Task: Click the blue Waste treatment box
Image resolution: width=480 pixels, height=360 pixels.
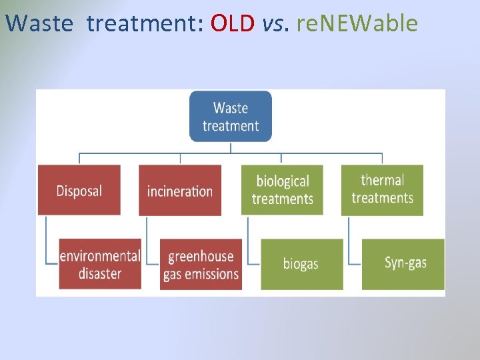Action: tap(231, 117)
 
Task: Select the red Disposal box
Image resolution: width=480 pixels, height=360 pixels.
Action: tap(79, 191)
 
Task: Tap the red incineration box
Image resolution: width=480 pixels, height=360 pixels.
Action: tap(180, 191)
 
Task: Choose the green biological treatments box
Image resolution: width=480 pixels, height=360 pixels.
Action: tap(282, 190)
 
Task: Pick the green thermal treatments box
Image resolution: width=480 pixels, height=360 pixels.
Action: tap(382, 189)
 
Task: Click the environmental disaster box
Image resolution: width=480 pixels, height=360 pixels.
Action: tap(100, 264)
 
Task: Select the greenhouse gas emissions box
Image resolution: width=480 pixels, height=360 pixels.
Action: tap(201, 264)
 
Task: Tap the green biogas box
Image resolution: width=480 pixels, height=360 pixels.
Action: tap(301, 264)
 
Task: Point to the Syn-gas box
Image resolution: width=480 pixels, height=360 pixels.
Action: tap(403, 263)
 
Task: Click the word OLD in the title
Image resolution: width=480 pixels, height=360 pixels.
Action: tap(233, 23)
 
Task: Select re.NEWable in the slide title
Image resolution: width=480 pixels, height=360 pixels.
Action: tap(357, 23)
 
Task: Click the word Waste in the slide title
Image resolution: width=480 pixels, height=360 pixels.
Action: tap(39, 23)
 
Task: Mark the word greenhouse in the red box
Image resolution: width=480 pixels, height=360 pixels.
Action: tap(201, 257)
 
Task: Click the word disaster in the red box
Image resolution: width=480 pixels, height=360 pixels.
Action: tap(100, 273)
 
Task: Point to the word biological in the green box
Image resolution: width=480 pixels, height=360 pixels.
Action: tap(283, 181)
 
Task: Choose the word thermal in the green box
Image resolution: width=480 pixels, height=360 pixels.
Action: tap(382, 180)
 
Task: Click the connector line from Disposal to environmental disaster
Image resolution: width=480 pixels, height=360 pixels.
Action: tap(46, 240)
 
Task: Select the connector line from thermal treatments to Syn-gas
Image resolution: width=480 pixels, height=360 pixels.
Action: tap(349, 240)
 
